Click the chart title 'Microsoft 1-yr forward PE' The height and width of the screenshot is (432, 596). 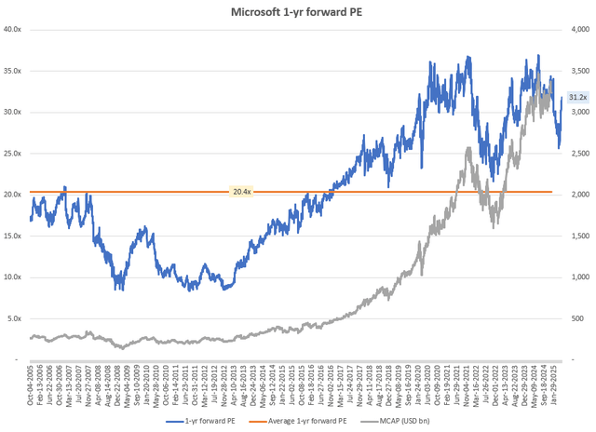click(297, 11)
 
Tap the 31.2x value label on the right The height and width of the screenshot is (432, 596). click(576, 97)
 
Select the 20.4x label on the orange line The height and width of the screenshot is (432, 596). click(240, 193)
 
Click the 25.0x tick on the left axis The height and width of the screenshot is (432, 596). click(14, 153)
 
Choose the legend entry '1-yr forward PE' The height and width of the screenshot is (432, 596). click(217, 421)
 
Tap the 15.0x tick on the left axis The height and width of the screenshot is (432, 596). click(14, 236)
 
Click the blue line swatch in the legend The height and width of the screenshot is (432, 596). click(177, 421)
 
